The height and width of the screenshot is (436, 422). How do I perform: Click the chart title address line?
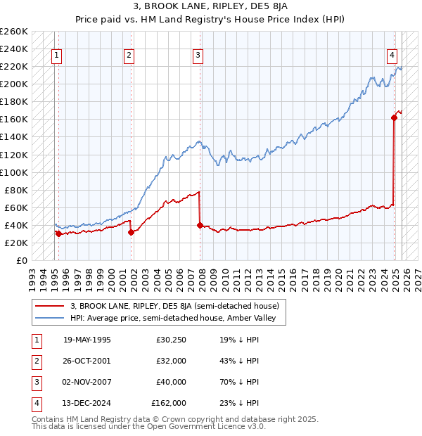210,7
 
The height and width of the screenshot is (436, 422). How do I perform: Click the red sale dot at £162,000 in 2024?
395,117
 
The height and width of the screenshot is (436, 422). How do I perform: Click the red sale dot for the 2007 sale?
200,225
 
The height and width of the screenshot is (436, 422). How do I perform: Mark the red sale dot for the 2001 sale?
132,232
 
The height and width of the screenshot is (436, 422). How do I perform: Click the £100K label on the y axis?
14,172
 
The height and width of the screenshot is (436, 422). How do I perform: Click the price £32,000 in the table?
171,361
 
